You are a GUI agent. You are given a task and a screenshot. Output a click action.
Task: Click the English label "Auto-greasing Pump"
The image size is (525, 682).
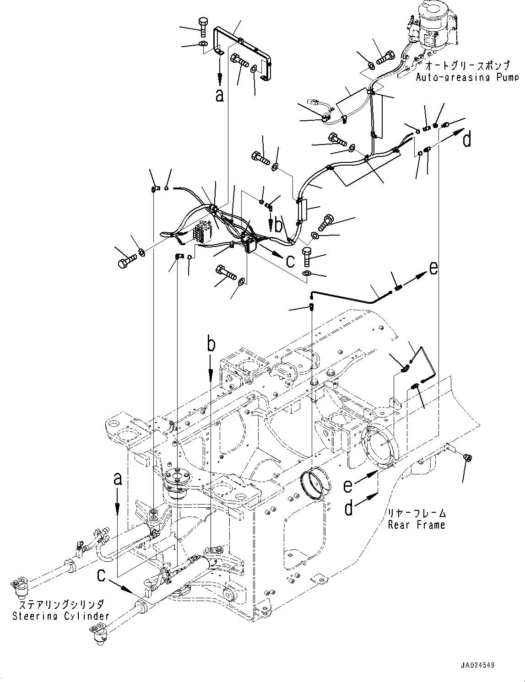pos(467,77)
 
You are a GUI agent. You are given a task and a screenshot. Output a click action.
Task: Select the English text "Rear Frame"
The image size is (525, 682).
pos(416,525)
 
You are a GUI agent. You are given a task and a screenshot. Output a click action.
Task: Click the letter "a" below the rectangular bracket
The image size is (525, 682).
pos(220,95)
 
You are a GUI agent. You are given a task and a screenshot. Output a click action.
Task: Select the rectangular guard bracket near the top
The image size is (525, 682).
pos(243,50)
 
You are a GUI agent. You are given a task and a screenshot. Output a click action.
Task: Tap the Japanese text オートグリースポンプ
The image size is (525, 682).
pos(471,65)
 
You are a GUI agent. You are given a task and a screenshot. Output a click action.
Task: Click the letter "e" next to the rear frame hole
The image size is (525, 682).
pos(349,484)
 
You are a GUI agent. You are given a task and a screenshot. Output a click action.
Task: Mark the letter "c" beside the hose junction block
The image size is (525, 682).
pos(290,261)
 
